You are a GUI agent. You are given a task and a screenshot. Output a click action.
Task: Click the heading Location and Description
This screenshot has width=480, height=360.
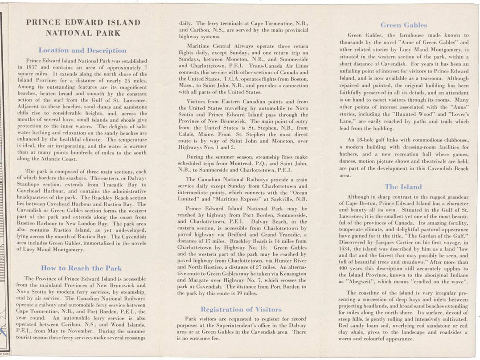click(x=82, y=50)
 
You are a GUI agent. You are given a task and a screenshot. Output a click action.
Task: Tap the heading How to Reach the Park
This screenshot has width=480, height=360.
click(x=81, y=268)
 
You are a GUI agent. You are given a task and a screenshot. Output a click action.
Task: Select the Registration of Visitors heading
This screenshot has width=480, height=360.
click(x=241, y=309)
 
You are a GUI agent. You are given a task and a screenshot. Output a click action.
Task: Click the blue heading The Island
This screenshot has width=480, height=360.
click(x=403, y=187)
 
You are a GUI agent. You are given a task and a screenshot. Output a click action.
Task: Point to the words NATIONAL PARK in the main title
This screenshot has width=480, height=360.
click(x=83, y=33)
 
